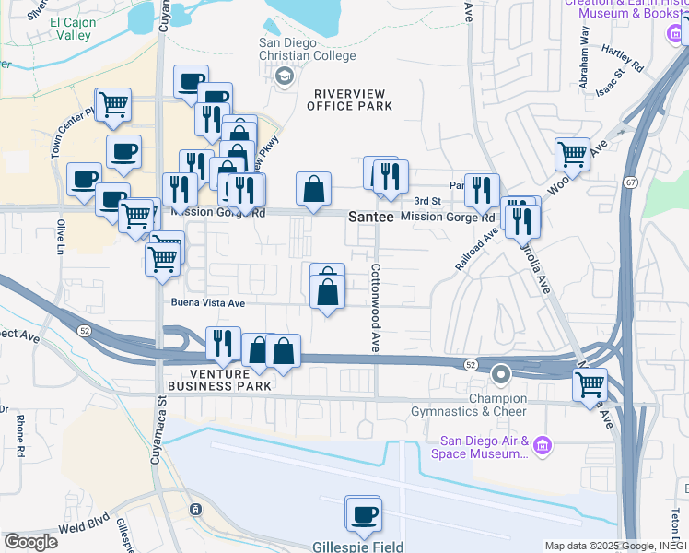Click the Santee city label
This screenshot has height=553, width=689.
pyautogui.click(x=371, y=217)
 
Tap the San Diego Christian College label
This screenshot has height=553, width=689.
pyautogui.click(x=307, y=50)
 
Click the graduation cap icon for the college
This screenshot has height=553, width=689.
pyautogui.click(x=286, y=76)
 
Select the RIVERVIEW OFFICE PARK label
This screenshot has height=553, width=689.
pyautogui.click(x=353, y=100)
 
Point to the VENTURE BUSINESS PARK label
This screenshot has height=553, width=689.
pyautogui.click(x=231, y=380)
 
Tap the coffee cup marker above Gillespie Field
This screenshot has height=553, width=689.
pyautogui.click(x=363, y=514)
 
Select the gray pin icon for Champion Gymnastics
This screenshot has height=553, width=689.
pyautogui.click(x=501, y=374)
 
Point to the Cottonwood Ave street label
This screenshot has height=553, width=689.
pyautogui.click(x=376, y=308)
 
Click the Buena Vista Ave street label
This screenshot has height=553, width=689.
pyautogui.click(x=208, y=302)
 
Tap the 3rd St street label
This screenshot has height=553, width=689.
pyautogui.click(x=427, y=200)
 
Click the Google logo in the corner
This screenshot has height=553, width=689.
pyautogui.click(x=30, y=542)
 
